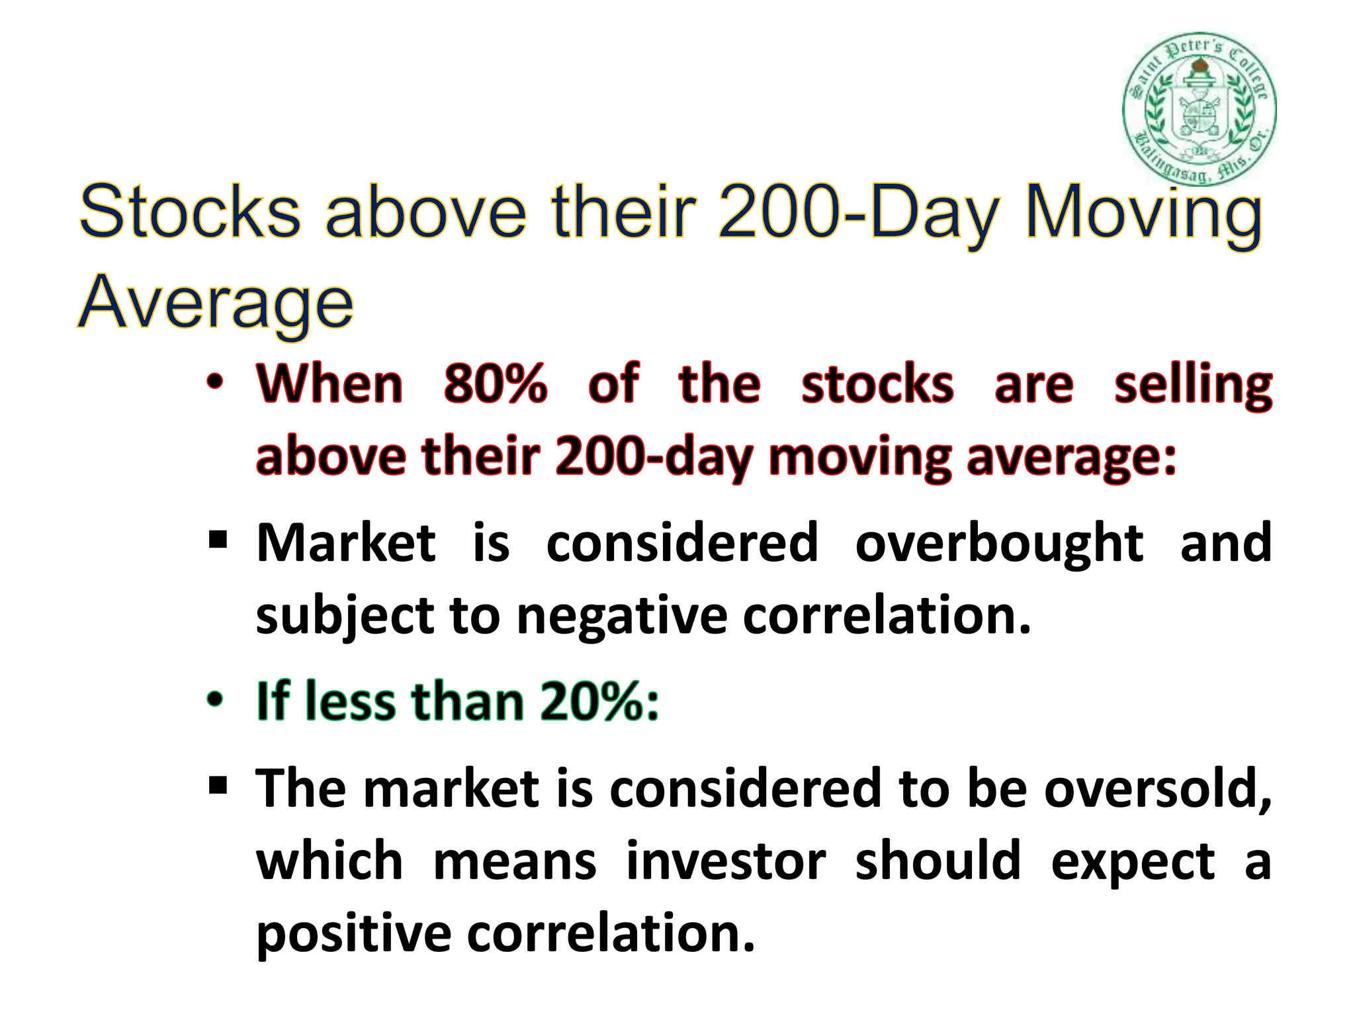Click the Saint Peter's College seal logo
click(x=1199, y=109)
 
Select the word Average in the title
click(x=216, y=303)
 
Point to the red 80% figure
click(x=496, y=384)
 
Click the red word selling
click(x=1193, y=385)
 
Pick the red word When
click(x=329, y=384)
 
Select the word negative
click(x=621, y=615)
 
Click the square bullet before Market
click(x=218, y=540)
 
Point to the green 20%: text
click(x=599, y=701)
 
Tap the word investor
click(x=726, y=861)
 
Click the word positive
click(x=353, y=934)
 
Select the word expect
click(x=1133, y=863)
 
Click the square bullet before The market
click(x=218, y=786)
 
